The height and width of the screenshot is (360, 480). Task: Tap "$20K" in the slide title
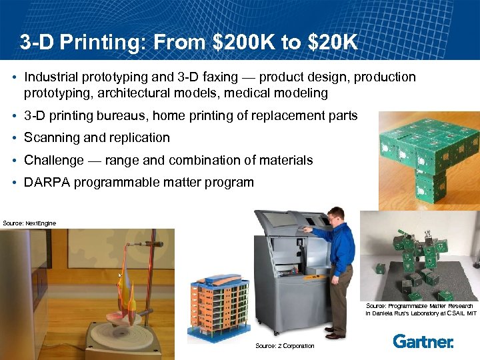pos(331,43)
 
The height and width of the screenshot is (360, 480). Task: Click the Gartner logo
pos(423,341)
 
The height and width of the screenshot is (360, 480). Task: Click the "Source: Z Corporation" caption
pos(285,346)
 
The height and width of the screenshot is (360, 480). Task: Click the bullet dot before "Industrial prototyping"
pos(14,78)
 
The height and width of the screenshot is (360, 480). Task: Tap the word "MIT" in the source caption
pos(471,313)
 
